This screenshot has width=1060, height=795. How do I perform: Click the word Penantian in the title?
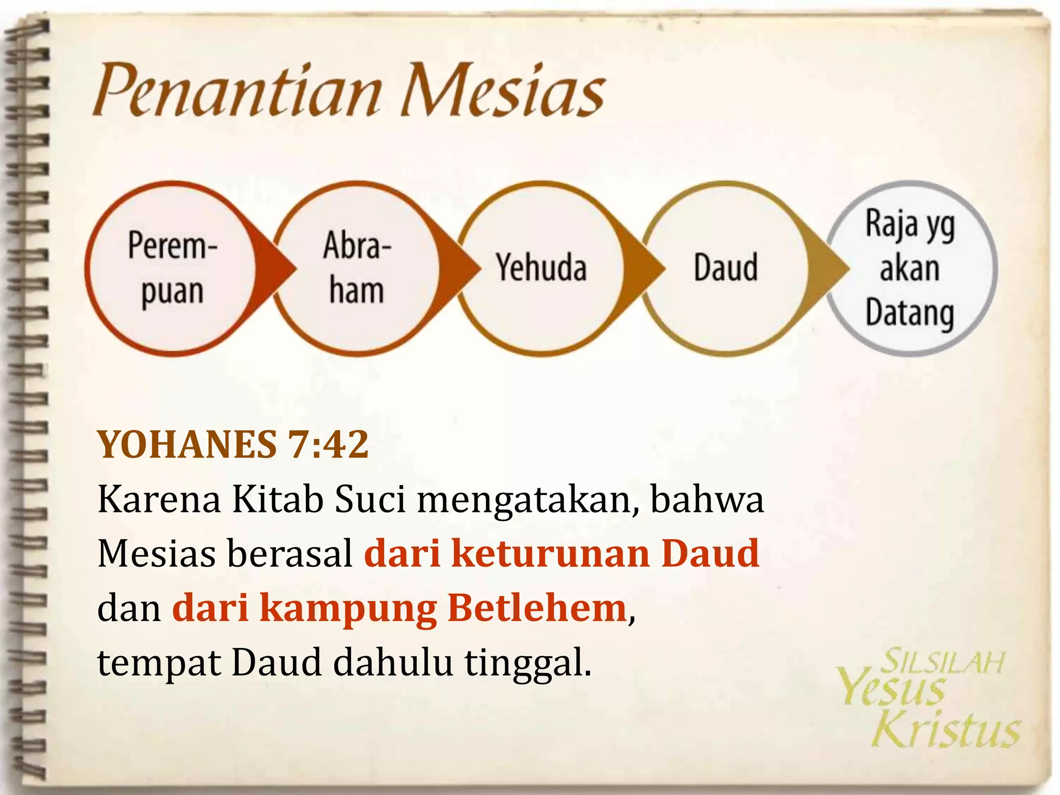[235, 91]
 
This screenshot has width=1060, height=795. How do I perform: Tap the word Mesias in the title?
[502, 91]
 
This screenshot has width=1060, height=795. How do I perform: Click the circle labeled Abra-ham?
[357, 268]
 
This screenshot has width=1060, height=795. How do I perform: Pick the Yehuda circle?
[541, 268]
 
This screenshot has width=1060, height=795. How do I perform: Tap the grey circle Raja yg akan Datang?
[911, 268]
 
